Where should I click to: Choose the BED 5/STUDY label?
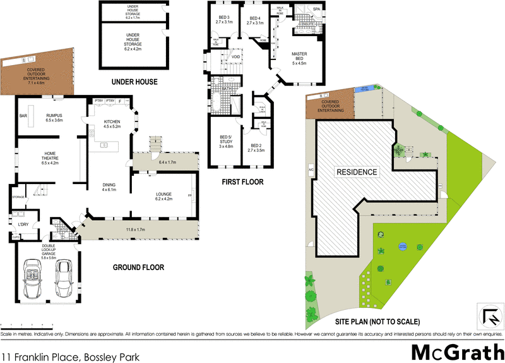coord(226,141)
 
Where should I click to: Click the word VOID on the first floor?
coord(235,57)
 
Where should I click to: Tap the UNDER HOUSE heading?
coord(134,82)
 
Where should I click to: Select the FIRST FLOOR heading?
coord(242,182)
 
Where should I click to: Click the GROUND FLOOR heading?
coord(138,268)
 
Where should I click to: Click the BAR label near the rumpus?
coord(23,116)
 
